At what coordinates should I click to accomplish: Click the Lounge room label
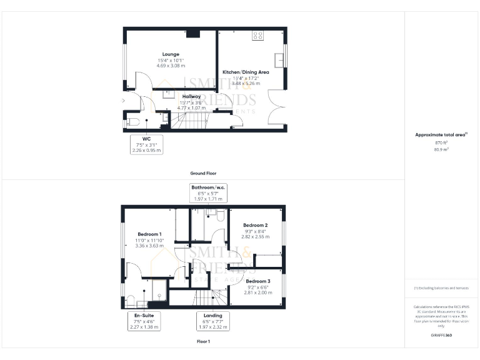171,54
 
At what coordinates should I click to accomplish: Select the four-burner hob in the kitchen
257,36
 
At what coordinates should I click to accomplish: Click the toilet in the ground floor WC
130,122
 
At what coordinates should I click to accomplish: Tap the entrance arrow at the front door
124,100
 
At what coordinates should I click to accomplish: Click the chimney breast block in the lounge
194,34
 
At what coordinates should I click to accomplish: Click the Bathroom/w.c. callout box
209,192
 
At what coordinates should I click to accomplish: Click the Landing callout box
212,321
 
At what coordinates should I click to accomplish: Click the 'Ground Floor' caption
204,173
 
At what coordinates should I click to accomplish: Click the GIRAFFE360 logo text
441,336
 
